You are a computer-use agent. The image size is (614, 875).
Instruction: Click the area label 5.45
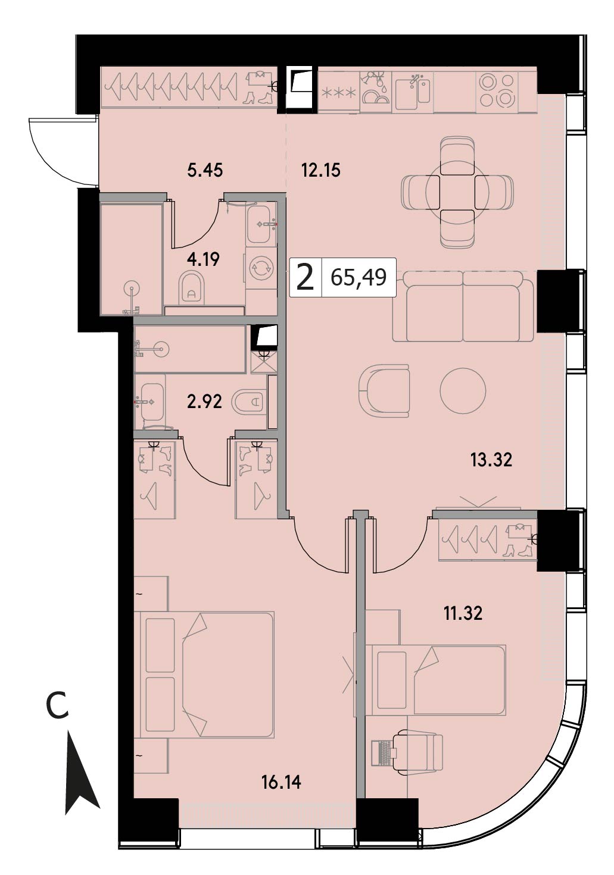pyautogui.click(x=205, y=170)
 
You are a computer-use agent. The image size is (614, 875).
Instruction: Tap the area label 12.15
pyautogui.click(x=321, y=170)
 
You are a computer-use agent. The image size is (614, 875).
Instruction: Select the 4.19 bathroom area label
pyautogui.click(x=203, y=259)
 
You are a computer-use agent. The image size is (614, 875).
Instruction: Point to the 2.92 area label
pyautogui.click(x=204, y=401)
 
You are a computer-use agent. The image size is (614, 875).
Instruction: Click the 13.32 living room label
pyautogui.click(x=491, y=460)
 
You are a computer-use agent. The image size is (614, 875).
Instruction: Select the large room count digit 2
pyautogui.click(x=306, y=278)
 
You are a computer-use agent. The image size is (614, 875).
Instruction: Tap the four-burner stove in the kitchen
pyautogui.click(x=497, y=90)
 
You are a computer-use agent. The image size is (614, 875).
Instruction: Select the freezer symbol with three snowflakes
pyautogui.click(x=339, y=93)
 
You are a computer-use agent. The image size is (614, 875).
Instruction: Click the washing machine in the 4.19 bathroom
pyautogui.click(x=261, y=268)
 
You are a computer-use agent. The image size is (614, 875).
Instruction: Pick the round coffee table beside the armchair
pyautogui.click(x=462, y=390)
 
